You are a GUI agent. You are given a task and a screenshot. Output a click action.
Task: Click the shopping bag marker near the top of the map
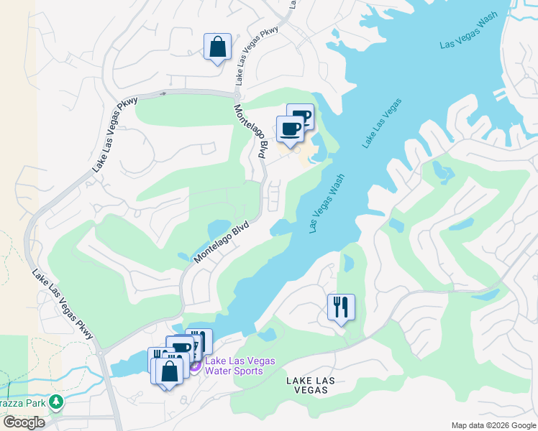coord(217,48)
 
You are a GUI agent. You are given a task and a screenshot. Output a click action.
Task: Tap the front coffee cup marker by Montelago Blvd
coord(290,130)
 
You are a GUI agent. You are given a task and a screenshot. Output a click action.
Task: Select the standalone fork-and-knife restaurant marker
coord(341,307)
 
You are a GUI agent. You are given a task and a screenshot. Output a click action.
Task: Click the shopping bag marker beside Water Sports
coord(170,372)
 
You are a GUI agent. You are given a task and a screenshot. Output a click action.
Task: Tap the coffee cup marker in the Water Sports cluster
coord(181,349)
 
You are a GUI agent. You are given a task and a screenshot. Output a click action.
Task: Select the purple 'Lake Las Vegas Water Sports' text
coord(234,366)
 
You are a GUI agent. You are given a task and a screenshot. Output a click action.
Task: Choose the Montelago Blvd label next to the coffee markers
coord(252,131)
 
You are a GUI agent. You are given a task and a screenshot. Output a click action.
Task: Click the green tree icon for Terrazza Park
coord(55,404)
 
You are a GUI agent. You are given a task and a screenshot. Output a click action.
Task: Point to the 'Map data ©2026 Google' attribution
coord(493,425)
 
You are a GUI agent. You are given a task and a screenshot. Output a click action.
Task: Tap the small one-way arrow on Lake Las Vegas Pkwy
coord(163,93)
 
